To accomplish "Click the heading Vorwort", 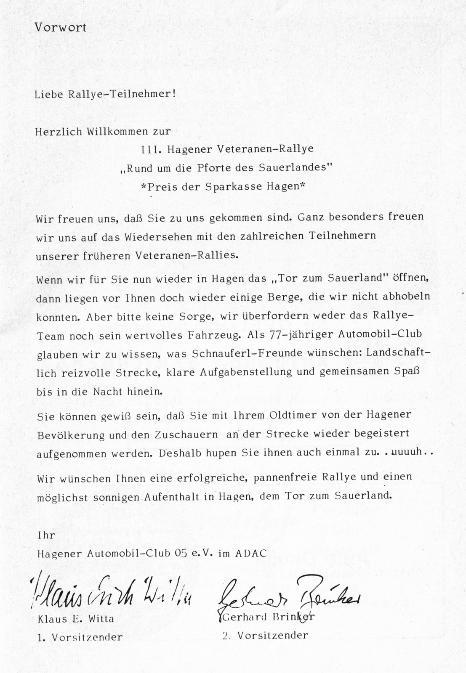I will coord(61,28).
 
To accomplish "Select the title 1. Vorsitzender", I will coord(80,637).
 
